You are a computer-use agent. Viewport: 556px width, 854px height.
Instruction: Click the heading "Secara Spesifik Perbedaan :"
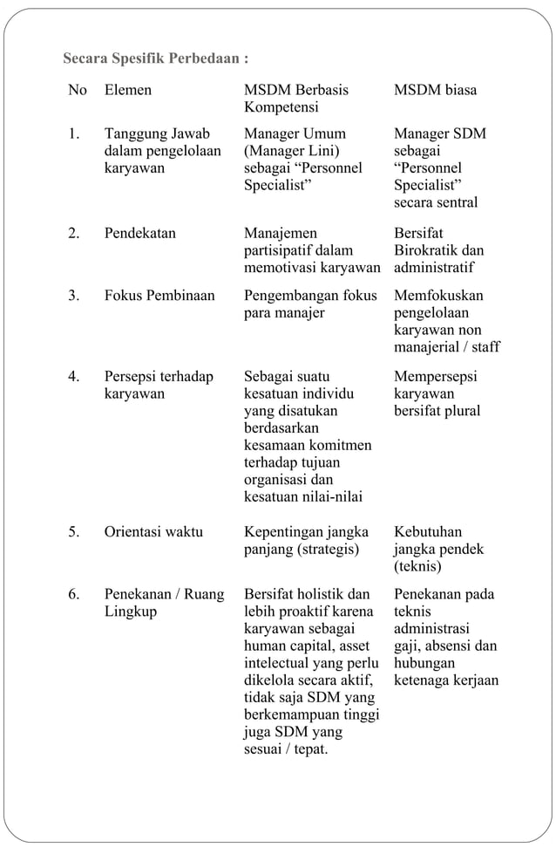pos(156,60)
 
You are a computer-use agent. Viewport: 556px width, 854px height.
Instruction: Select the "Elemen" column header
pos(127,90)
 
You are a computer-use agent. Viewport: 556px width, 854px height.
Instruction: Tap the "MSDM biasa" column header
pos(435,90)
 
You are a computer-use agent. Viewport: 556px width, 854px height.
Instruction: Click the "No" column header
pos(78,90)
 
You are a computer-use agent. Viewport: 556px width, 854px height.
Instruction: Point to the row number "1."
pos(75,134)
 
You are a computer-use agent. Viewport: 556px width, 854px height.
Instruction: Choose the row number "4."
pos(75,377)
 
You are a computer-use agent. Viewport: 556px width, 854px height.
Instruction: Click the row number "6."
pos(75,595)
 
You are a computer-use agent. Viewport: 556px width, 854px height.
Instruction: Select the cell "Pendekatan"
pos(139,234)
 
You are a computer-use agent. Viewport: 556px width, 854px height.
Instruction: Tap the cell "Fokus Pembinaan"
pos(159,296)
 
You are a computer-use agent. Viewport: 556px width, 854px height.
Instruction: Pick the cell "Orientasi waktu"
pos(153,532)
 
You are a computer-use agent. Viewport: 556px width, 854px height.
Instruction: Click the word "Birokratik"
pos(427,251)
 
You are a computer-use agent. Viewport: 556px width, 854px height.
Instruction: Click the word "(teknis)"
pos(417,567)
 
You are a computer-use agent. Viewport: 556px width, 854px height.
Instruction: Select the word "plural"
pos(461,411)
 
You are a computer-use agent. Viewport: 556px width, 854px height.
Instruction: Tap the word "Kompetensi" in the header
pos(281,107)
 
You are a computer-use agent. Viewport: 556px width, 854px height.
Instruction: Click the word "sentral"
pos(457,202)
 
